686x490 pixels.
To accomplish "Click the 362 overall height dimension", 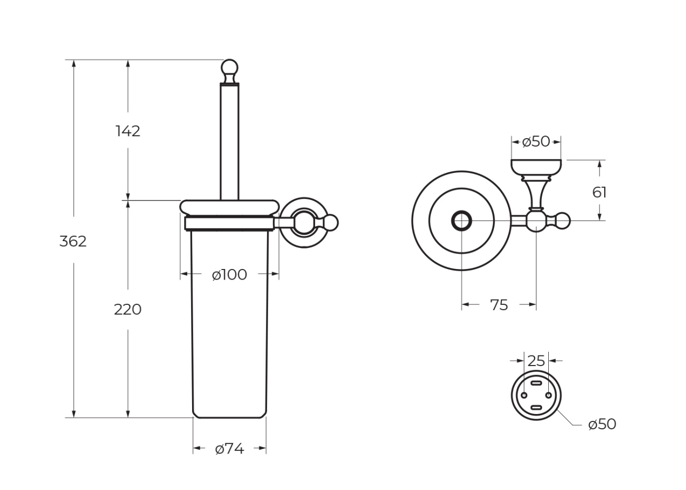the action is pos(73,242).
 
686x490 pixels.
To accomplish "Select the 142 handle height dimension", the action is pos(128,131).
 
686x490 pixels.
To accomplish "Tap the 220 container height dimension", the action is pos(128,310).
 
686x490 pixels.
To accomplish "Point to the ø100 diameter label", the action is pos(230,274).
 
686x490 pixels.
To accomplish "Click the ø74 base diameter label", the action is pos(230,449).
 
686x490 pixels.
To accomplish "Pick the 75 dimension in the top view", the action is pos(499,305).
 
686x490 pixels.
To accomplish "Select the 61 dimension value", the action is pos(599,193).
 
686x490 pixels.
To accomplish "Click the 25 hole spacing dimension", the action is pos(536,361).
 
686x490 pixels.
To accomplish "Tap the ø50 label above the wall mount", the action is pos(536,142).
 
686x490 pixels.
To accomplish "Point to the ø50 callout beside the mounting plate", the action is pos(602,425).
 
